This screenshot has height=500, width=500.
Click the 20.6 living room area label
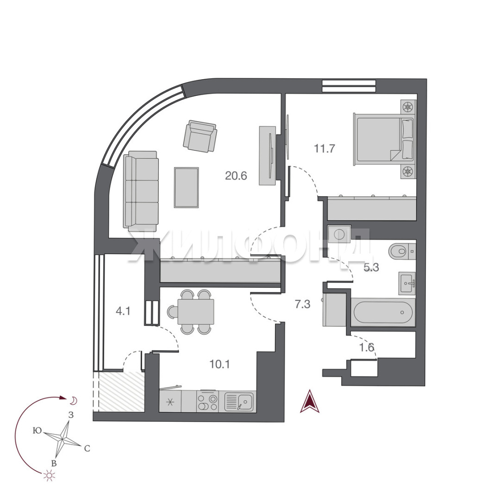click(236, 176)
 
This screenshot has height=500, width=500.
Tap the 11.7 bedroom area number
click(324, 149)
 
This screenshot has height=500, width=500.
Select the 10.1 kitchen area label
click(220, 364)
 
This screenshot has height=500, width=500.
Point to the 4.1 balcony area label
click(123, 311)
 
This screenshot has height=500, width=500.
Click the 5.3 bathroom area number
click(371, 267)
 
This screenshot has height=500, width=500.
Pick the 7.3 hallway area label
click(302, 304)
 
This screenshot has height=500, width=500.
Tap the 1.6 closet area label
click(367, 347)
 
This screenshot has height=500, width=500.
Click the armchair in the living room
click(200, 136)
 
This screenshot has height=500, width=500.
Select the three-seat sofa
click(141, 191)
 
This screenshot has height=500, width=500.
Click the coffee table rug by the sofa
click(187, 187)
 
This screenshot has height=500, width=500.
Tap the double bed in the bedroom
click(384, 140)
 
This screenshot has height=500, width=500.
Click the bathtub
click(383, 312)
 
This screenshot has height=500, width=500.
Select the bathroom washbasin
click(406, 283)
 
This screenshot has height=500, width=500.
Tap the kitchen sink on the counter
click(239, 401)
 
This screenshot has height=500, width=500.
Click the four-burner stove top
click(207, 401)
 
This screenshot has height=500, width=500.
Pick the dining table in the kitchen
click(195, 312)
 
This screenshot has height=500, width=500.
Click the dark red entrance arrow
click(309, 401)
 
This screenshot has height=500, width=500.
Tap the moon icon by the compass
click(73, 401)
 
